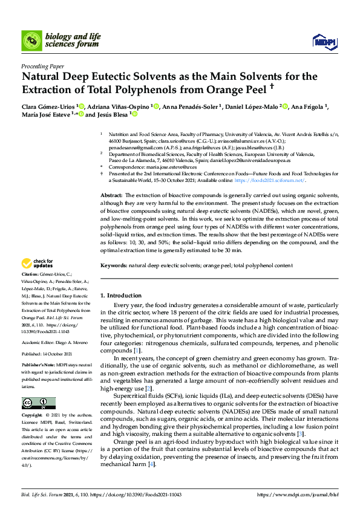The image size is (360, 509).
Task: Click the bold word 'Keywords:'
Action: point(113,265)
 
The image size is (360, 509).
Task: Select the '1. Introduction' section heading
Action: point(120,296)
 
